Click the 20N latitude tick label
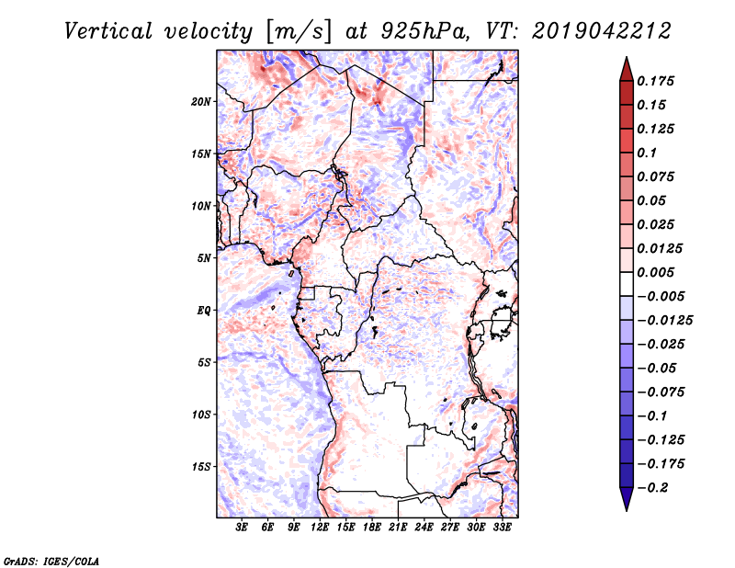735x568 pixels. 201,101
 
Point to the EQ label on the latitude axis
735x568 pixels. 204,311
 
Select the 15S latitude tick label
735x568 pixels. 201,467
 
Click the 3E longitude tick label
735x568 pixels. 242,528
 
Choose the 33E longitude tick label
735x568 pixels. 502,528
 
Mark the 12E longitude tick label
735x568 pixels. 321,528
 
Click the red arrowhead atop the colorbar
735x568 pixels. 625,68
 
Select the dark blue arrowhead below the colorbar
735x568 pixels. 625,499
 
